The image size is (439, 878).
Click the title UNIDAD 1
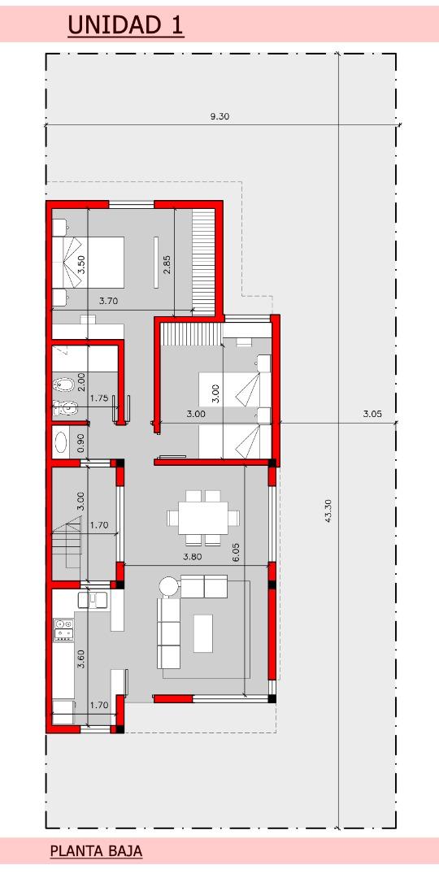pos(125,25)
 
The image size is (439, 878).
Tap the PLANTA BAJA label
pos(96,852)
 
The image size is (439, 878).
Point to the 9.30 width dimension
pos(219,116)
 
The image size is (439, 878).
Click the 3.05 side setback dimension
pos(372,415)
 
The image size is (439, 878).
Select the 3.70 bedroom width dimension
pos(109,301)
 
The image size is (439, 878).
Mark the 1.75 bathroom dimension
pos(99,398)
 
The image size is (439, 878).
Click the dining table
pos(203,517)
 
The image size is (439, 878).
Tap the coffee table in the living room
pos(203,633)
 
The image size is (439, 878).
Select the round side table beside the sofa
pos(168,586)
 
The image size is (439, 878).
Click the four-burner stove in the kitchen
pos(63,629)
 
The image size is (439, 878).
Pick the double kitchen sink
pos(93,600)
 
